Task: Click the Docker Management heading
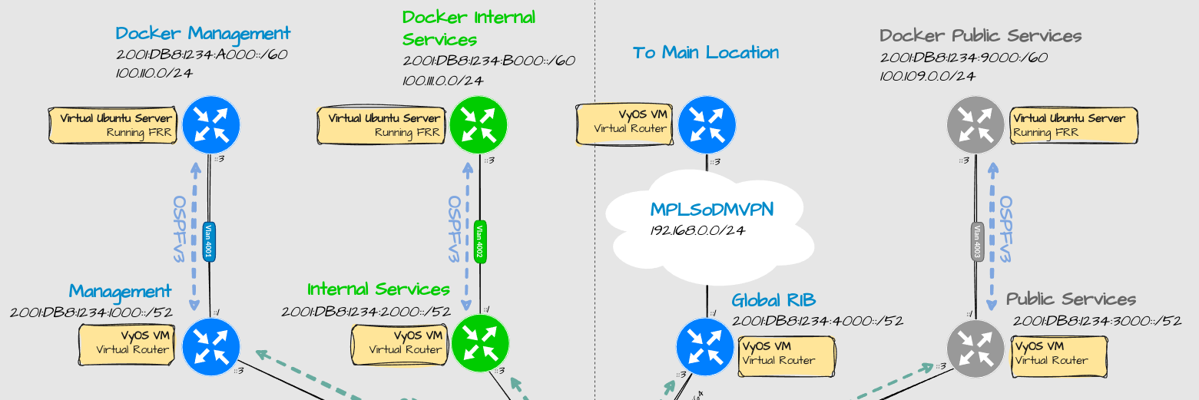[203, 34]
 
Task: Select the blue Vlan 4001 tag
[209, 242]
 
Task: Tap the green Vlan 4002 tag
[480, 242]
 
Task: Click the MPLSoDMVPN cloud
[711, 223]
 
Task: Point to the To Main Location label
[705, 53]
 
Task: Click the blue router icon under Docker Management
[211, 124]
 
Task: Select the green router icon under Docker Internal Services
[479, 124]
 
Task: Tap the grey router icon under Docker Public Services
[975, 124]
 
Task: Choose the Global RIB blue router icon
[705, 346]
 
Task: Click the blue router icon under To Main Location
[707, 124]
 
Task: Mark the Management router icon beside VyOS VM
[211, 346]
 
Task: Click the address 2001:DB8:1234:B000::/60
[489, 61]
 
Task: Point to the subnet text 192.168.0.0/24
[699, 230]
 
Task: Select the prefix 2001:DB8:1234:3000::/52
[1097, 321]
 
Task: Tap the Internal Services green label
[379, 289]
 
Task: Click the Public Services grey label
[1071, 299]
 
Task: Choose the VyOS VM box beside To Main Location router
[622, 123]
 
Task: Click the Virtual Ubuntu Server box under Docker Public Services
[1073, 124]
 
